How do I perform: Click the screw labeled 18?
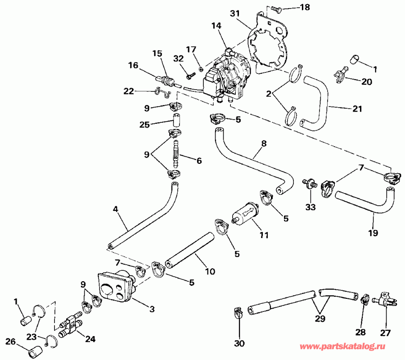(x=276, y=8)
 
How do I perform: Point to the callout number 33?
(x=310, y=207)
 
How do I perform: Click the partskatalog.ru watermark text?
(x=349, y=347)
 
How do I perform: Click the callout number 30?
(x=239, y=344)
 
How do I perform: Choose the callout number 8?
(x=264, y=144)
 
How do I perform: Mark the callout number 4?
(x=116, y=209)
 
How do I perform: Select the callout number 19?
(x=373, y=233)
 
